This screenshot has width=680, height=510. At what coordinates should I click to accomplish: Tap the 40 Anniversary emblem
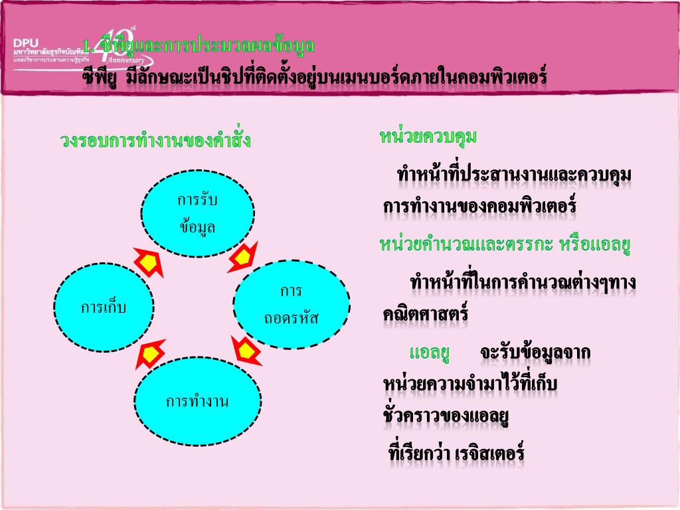pos(120,50)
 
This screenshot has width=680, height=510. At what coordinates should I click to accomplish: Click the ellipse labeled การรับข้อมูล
pos(197,213)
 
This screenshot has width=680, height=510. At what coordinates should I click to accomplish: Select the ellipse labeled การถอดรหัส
pos(291,305)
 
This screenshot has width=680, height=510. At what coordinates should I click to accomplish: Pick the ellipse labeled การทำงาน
pos(197,402)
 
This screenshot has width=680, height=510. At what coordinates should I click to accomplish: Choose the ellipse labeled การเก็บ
pos(104,307)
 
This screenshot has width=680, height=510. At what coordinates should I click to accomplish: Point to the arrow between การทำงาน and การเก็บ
pos(151,354)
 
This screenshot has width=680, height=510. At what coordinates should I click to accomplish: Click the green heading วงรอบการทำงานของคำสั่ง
pos(155,141)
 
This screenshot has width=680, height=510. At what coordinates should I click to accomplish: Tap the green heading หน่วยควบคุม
pos(428,137)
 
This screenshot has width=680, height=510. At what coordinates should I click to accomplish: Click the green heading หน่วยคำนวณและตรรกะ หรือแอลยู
pos(505,244)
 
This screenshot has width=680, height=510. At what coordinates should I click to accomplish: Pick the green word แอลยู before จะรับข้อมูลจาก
pos(430,352)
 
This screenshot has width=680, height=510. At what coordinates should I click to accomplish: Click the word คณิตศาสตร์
pos(426,313)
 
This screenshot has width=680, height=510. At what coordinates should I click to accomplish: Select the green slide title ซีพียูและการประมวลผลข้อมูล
pos(203,46)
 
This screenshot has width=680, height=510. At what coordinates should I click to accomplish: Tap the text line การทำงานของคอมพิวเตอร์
pos(479,207)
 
